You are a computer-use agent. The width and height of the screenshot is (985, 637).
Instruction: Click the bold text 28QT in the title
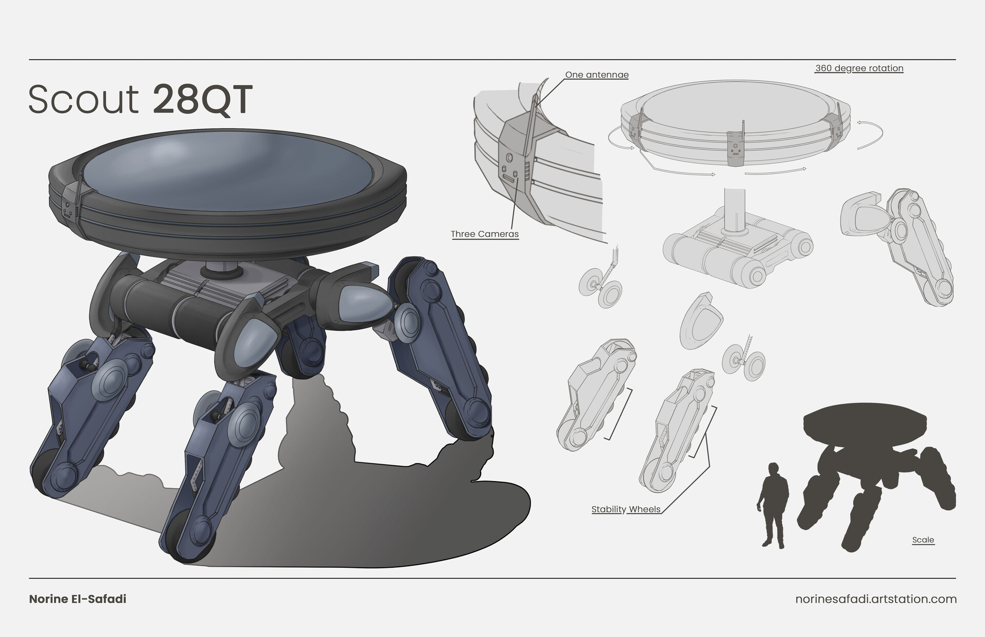pyautogui.click(x=203, y=99)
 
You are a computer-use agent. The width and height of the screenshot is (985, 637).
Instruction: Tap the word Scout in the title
pyautogui.click(x=84, y=99)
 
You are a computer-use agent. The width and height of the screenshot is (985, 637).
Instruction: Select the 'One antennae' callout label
pyautogui.click(x=597, y=75)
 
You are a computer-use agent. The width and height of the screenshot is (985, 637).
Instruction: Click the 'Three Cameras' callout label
pyautogui.click(x=485, y=234)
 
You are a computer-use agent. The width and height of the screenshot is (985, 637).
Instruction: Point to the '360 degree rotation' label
pyautogui.click(x=859, y=68)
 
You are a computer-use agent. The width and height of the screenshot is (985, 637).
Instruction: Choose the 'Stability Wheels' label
pyautogui.click(x=626, y=509)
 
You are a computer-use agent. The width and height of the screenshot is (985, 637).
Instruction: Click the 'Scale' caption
pyautogui.click(x=923, y=540)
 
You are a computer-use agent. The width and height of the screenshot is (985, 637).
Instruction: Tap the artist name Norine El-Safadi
pyautogui.click(x=77, y=599)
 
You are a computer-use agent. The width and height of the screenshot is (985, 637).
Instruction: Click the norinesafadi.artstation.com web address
pyautogui.click(x=876, y=599)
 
